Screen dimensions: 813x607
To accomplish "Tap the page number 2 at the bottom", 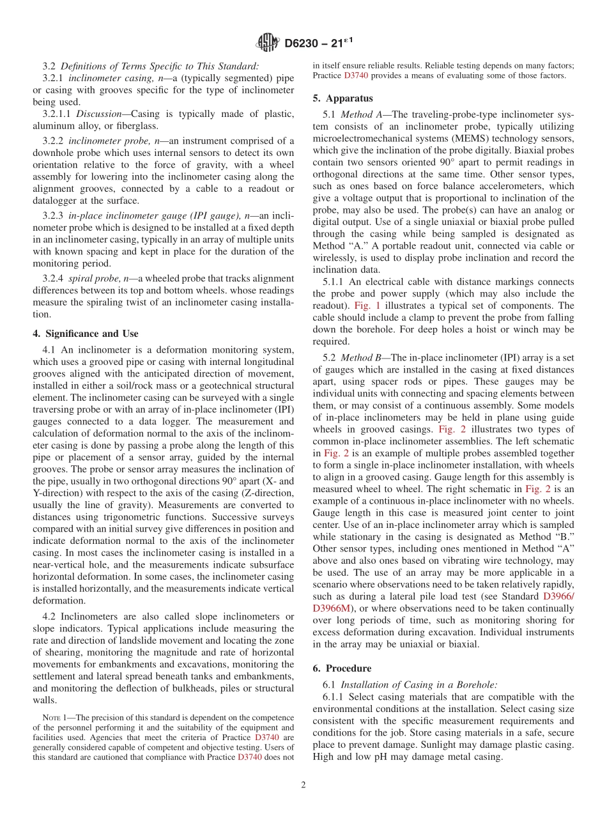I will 303,785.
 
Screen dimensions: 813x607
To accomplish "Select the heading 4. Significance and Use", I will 86,334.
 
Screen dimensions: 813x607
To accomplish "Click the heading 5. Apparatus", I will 342,98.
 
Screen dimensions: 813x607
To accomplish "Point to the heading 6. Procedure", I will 342,668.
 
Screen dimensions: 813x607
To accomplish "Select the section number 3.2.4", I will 53,279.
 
